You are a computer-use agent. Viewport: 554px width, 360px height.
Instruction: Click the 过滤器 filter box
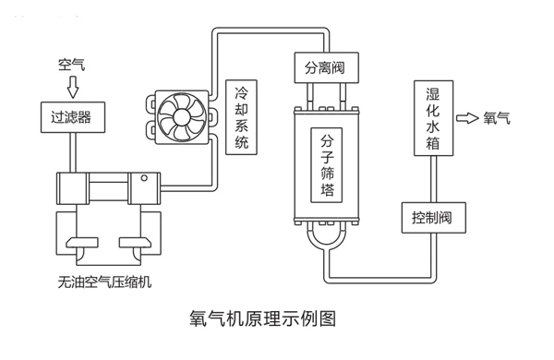coord(72,117)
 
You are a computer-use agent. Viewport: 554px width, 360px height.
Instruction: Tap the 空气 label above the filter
coord(72,66)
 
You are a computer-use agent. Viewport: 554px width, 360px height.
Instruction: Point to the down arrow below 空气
coord(72,88)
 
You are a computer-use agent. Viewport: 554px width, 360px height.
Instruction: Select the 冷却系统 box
coord(243,117)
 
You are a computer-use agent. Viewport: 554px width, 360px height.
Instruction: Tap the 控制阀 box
coord(432,218)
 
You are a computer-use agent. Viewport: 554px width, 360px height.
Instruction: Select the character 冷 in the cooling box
coord(243,92)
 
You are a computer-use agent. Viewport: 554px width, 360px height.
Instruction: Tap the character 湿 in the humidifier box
coord(432,95)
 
